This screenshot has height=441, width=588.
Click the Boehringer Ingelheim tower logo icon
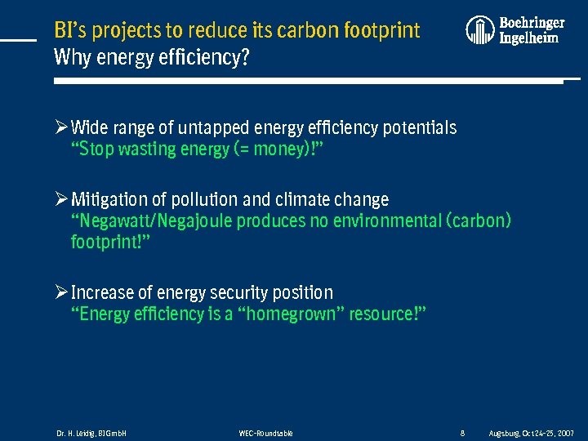coord(480,30)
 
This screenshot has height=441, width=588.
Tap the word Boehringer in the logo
coord(532,23)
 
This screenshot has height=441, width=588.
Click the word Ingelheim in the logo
coord(528,38)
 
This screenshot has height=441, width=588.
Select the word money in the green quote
coord(279,149)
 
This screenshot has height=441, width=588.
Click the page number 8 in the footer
coord(462,433)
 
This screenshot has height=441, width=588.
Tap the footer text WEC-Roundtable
coord(265,433)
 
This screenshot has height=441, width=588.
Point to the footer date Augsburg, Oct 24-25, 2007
coord(531,433)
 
